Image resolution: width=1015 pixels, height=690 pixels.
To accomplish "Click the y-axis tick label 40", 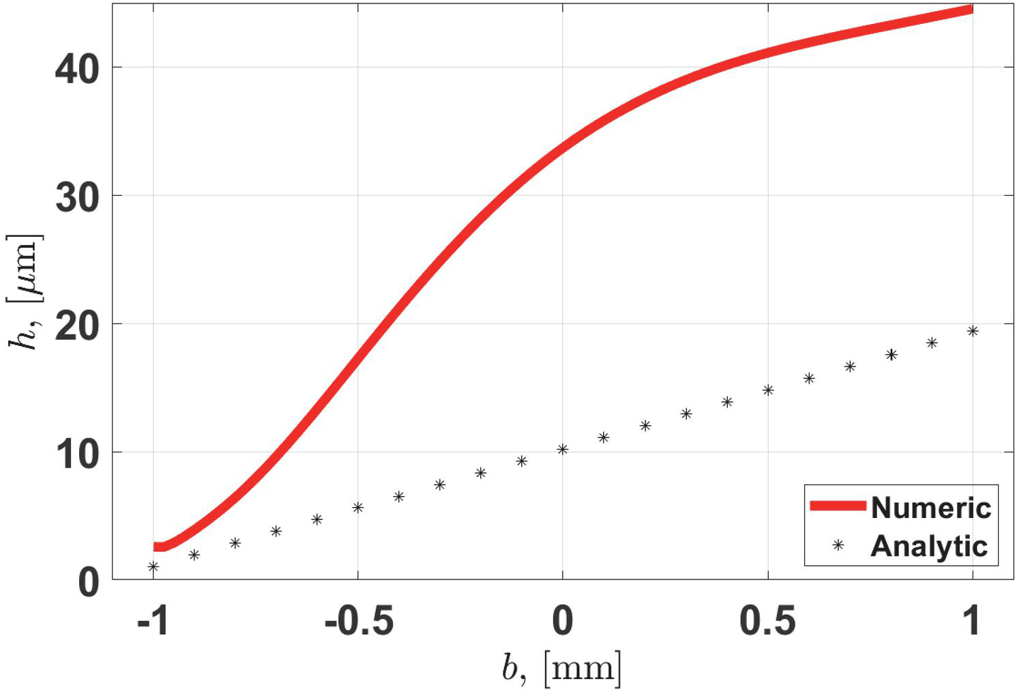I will pos(77,69).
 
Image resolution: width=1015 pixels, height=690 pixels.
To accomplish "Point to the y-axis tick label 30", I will pos(77,197).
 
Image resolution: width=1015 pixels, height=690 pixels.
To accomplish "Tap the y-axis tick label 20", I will pos(77,326).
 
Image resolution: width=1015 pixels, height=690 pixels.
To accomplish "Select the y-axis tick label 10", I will pos(77,454).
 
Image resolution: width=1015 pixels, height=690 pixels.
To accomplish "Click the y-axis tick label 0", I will pos(89,582).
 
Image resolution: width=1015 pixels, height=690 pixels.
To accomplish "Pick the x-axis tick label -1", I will pos(152,621).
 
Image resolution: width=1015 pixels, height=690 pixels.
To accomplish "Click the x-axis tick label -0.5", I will pos(358,621).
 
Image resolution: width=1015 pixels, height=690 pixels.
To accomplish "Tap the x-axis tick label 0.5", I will pos(767,621).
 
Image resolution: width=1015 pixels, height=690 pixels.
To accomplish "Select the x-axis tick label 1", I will pos(971,621).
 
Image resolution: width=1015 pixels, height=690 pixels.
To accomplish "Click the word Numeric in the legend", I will pos(930,507).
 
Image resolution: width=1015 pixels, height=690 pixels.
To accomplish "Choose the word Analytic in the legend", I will pos(929,546).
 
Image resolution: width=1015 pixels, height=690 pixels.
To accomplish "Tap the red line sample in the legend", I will pos(838,506).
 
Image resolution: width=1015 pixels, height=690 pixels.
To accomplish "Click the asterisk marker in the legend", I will pos(838,545).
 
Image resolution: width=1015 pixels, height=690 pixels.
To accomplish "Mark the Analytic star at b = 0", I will pos(563,449).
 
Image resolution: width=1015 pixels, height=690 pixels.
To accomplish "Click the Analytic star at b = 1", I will pos(973,331).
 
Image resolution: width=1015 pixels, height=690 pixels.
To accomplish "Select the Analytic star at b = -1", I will pos(153,566).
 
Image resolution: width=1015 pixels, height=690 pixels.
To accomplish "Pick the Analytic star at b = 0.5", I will pos(768,390).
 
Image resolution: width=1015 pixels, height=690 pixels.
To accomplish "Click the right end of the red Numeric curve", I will pos(971,10).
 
